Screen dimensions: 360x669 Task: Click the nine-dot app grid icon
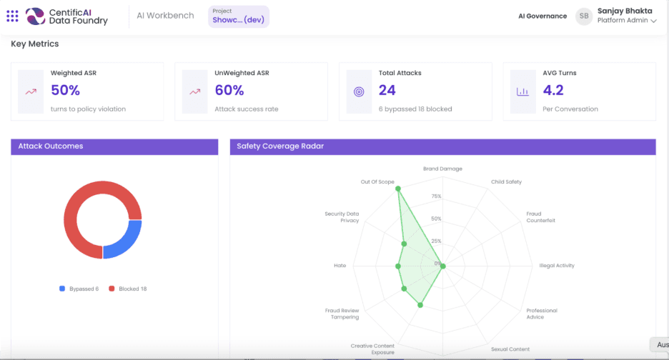pos(12,16)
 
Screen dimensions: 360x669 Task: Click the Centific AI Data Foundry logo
pos(67,16)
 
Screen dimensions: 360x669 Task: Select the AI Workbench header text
pos(165,16)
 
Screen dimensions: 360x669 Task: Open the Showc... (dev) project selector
pos(238,16)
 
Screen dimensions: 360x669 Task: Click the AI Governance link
pos(542,16)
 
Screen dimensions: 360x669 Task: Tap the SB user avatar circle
pos(585,16)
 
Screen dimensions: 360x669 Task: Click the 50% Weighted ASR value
pos(65,90)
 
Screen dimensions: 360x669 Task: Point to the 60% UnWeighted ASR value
pos(229,90)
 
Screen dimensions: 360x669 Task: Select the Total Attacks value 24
pos(387,90)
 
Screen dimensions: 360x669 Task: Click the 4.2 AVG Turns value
pos(553,90)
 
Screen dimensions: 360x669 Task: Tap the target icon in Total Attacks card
pos(360,91)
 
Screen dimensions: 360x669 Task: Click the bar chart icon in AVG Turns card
pos(523,91)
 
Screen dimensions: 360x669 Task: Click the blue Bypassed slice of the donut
pos(123,239)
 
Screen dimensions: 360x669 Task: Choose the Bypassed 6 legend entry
pos(79,289)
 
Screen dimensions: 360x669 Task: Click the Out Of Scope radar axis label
pos(377,182)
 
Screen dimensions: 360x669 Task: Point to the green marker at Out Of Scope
pos(398,189)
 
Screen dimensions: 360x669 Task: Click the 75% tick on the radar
pos(436,196)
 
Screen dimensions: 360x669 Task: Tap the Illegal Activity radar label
pos(557,266)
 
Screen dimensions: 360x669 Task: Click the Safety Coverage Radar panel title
pos(280,146)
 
